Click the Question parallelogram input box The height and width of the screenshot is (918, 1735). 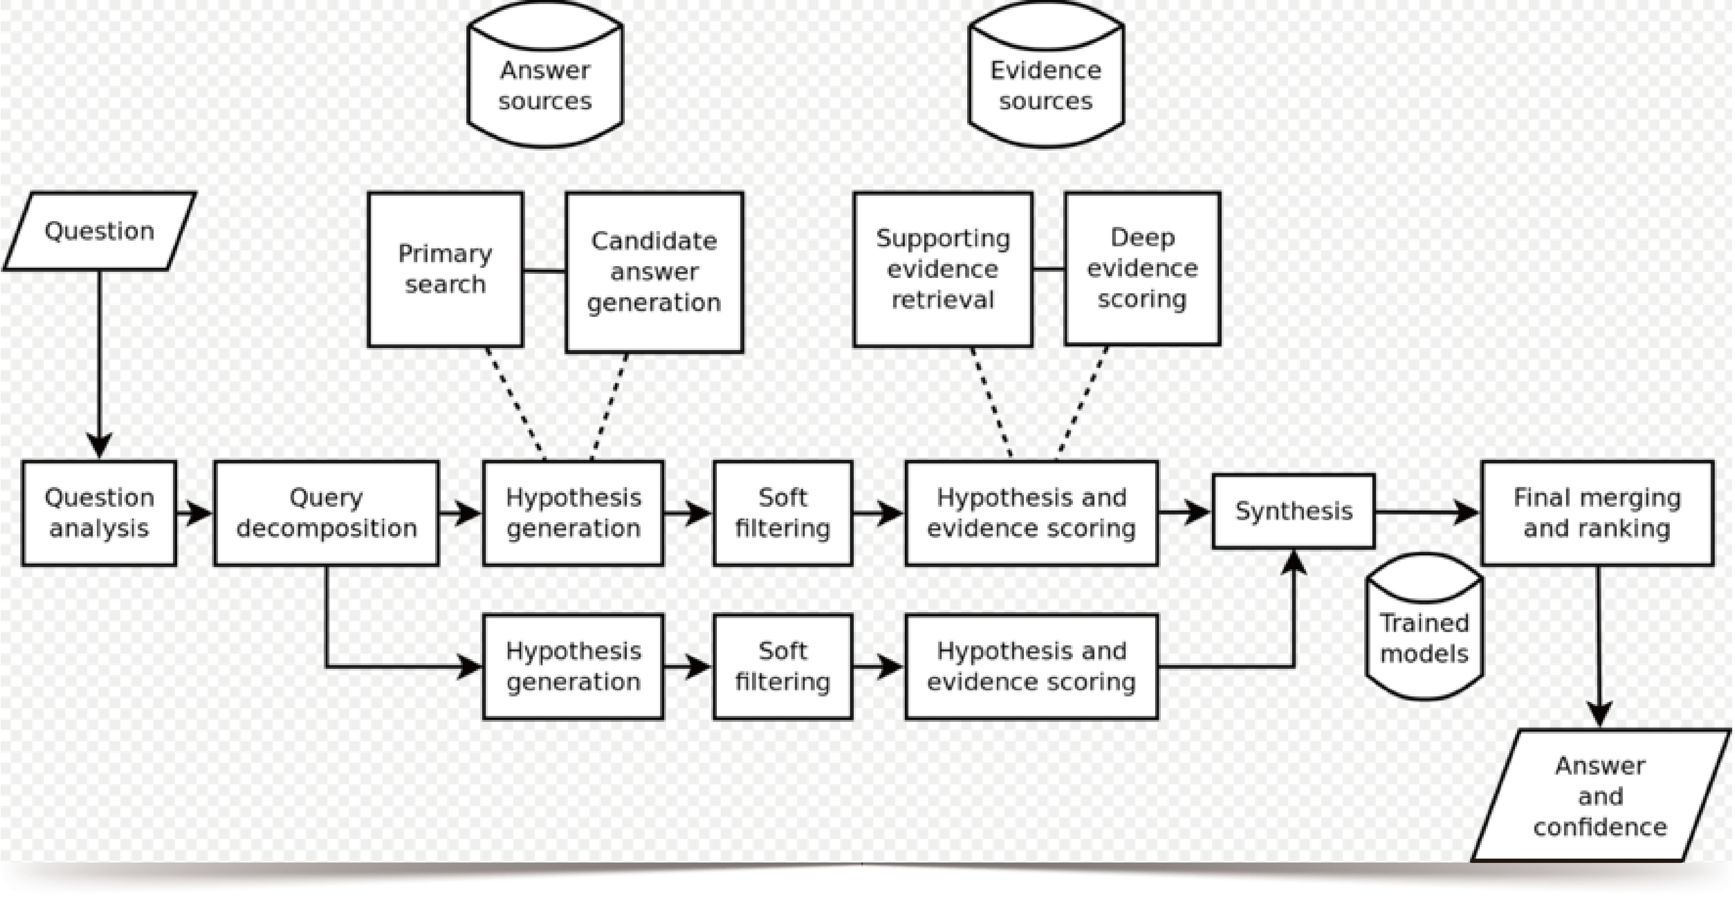[x=100, y=231]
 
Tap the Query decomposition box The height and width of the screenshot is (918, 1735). [x=327, y=512]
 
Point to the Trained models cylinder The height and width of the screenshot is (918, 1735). [x=1425, y=630]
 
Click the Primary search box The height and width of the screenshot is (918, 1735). [x=445, y=269]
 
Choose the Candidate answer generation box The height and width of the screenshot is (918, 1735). [x=654, y=271]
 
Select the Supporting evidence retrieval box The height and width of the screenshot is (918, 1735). [x=942, y=269]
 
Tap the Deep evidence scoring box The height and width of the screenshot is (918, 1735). [x=1142, y=268]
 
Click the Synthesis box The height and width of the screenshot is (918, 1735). [x=1294, y=511]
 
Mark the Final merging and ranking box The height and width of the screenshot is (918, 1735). [x=1597, y=512]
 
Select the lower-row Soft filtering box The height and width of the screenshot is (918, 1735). [x=783, y=666]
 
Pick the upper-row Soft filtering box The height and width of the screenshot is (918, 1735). [x=783, y=512]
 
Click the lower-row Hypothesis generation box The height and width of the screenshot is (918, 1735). [x=573, y=666]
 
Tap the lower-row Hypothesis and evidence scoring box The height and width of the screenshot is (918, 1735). [x=1031, y=666]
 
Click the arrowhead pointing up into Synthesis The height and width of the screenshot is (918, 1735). [x=1294, y=562]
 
